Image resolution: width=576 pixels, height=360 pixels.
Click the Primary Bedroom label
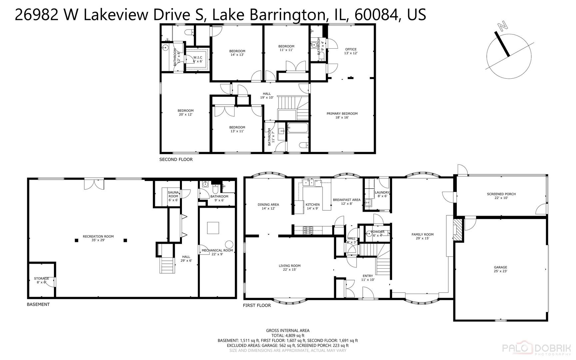tap(342, 115)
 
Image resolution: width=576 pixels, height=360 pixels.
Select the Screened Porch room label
tap(501, 196)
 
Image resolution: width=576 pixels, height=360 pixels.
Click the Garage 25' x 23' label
tap(500, 269)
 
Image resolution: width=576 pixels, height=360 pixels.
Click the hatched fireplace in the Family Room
tap(458, 230)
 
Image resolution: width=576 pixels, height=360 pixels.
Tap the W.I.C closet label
tap(198, 59)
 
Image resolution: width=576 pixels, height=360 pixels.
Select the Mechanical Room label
tap(217, 252)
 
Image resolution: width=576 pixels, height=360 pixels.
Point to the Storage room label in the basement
tap(41, 280)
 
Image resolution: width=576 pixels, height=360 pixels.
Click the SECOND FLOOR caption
tap(176, 160)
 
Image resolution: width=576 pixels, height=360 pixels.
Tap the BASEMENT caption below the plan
tap(38, 304)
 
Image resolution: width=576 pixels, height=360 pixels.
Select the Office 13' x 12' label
tap(350, 51)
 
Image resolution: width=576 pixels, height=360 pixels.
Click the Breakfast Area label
tap(346, 202)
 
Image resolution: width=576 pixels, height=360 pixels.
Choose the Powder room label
tap(377, 233)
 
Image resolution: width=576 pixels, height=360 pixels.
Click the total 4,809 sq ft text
tap(288, 336)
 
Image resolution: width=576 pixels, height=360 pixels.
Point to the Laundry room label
tap(382, 194)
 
